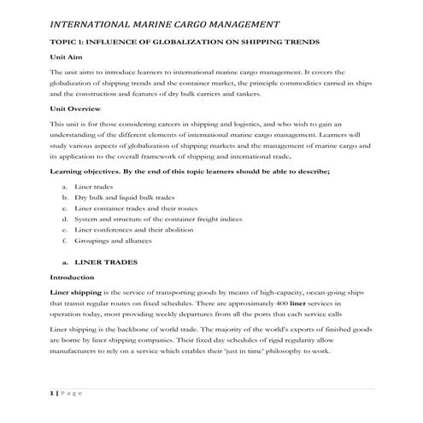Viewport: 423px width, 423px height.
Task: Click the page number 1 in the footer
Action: point(51,392)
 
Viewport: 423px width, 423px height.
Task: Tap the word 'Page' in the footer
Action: point(72,392)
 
